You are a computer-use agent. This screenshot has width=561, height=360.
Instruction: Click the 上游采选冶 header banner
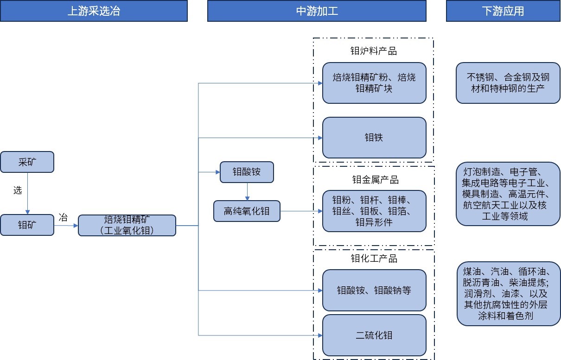point(94,11)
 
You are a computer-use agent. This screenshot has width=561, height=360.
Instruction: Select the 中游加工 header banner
point(317,11)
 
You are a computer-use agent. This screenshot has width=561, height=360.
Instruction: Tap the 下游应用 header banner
point(503,11)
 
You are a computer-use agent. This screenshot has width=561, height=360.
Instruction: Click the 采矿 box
point(27,162)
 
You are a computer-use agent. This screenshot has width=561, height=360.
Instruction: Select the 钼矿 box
point(27,225)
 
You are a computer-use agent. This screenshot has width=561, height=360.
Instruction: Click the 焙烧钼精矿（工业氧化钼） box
point(127,225)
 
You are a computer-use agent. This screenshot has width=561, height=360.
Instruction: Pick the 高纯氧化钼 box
point(247,211)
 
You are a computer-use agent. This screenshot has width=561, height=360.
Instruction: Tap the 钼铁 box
point(374,138)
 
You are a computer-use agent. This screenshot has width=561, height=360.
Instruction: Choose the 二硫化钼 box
point(374,335)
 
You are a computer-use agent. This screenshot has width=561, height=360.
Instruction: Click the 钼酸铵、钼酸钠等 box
point(374,291)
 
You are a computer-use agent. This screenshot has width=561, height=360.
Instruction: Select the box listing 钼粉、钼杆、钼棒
point(374,211)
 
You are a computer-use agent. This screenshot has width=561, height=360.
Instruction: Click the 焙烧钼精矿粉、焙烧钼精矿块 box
point(374,82)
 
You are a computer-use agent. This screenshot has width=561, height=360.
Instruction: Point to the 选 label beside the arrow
point(18,190)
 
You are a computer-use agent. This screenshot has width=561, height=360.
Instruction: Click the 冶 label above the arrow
point(64,217)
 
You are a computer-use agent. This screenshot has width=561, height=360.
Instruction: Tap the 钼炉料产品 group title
point(373,51)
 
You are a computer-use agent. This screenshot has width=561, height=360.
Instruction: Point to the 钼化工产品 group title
point(374,259)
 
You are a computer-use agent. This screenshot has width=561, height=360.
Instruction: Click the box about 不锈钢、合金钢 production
point(508,82)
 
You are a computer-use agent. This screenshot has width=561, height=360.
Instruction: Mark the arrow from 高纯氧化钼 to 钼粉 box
point(301,211)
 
